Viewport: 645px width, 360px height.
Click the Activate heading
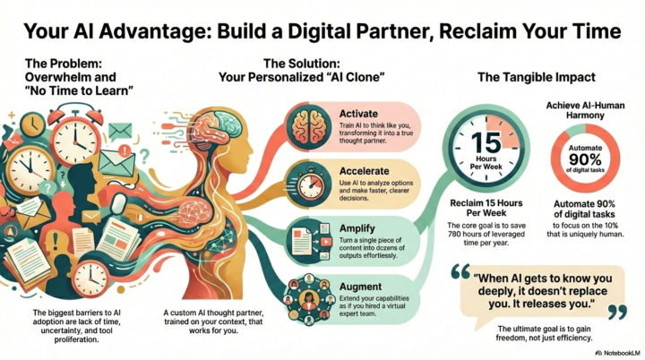pyautogui.click(x=358, y=114)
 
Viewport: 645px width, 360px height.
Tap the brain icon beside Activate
pyautogui.click(x=309, y=126)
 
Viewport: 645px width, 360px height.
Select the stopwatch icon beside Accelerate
pyautogui.click(x=309, y=184)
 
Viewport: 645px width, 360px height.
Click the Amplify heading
pyautogui.click(x=357, y=228)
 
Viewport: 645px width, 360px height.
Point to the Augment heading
pyautogui.click(x=360, y=287)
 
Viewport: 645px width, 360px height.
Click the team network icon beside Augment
pyautogui.click(x=308, y=299)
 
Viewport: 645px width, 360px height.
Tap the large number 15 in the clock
pyautogui.click(x=486, y=142)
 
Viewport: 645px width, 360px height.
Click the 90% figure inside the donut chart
pyautogui.click(x=585, y=159)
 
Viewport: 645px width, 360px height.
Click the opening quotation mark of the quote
pyautogui.click(x=460, y=271)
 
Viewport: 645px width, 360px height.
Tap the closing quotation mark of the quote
pyautogui.click(x=617, y=312)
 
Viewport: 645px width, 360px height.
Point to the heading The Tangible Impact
pyautogui.click(x=537, y=77)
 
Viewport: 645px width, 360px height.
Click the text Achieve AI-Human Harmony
pyautogui.click(x=585, y=110)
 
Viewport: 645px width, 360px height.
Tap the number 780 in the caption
pyautogui.click(x=455, y=234)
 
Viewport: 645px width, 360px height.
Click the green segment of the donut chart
pyautogui.click(x=575, y=130)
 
